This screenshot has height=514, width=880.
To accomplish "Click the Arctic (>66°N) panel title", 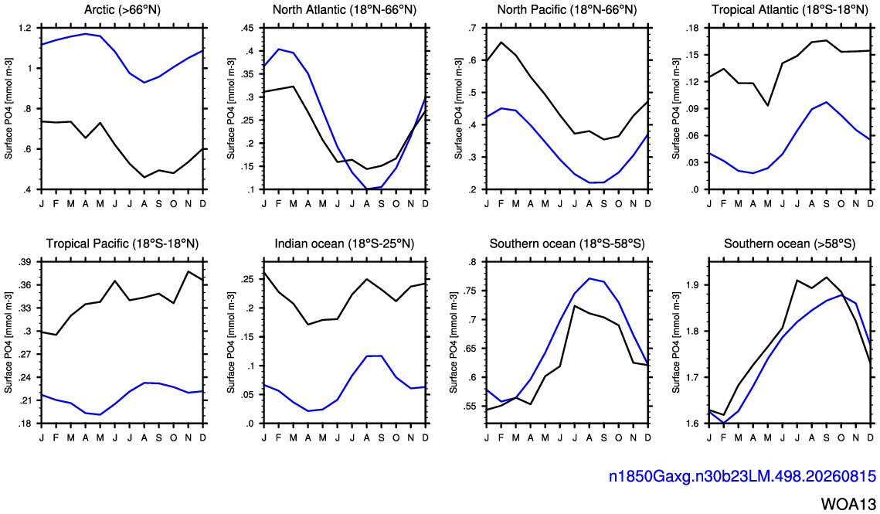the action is tap(122, 9).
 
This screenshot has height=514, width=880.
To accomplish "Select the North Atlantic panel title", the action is tap(345, 9).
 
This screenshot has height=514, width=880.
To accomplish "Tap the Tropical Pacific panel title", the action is tap(122, 243).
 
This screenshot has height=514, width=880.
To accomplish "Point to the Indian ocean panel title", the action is tap(345, 243).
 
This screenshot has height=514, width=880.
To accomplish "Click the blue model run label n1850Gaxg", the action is tap(742, 477).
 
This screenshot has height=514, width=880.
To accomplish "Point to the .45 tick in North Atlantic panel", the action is tap(246, 28).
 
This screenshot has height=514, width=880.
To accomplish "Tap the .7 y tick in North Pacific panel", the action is tap(472, 28).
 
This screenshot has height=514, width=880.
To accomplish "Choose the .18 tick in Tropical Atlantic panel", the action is tap(692, 28).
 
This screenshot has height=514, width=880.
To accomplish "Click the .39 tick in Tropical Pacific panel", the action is tap(25, 262).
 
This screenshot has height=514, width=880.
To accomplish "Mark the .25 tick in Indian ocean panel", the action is tap(246, 279).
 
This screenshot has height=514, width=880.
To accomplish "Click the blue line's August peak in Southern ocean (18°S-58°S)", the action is tap(589, 278).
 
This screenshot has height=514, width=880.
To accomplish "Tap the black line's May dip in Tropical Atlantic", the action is tap(767, 106).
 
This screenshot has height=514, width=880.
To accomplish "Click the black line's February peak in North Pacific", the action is tap(501, 43).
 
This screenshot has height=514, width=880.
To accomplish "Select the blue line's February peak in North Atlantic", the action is tap(278, 49).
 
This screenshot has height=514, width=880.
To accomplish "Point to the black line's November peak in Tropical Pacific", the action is tap(188, 272).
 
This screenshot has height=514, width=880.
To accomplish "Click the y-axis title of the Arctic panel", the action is tap(8, 108).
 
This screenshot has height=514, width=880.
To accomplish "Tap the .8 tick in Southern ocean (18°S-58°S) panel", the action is tap(472, 262).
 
